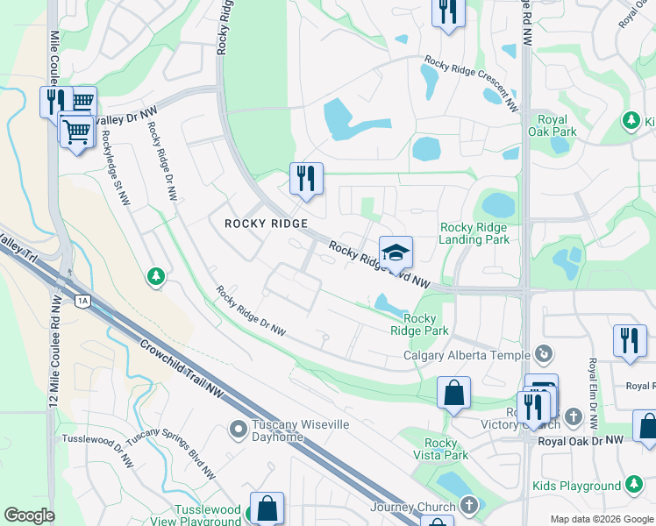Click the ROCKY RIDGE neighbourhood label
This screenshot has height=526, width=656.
(266, 224)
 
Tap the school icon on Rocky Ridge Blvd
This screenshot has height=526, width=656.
(396, 252)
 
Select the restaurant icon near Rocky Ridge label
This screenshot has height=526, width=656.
(306, 179)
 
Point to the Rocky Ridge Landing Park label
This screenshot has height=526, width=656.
(474, 233)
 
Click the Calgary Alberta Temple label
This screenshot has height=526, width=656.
(467, 355)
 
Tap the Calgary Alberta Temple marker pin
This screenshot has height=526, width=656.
(545, 354)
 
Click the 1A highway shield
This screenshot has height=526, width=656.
(82, 301)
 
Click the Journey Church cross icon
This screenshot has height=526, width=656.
(469, 506)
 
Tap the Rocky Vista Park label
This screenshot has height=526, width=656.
(446, 449)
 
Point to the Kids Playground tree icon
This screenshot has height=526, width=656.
(633, 485)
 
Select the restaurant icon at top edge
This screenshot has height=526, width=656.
(447, 12)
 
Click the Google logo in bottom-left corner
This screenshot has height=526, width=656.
(29, 516)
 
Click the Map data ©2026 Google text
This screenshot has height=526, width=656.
(601, 519)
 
